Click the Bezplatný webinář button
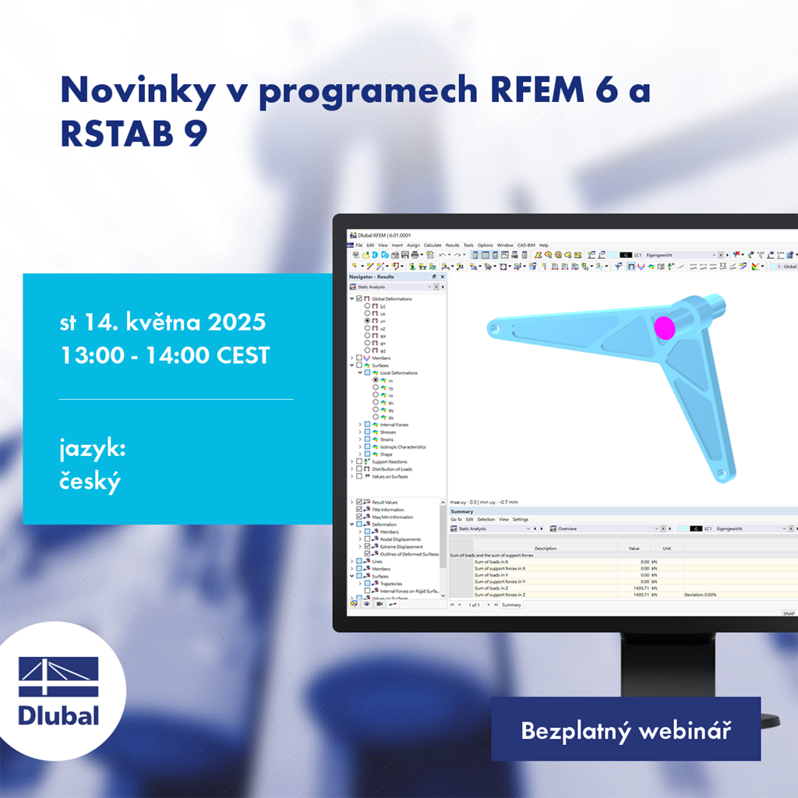click(625, 730)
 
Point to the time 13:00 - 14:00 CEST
click(165, 355)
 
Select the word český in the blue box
click(90, 481)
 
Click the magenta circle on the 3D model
click(665, 327)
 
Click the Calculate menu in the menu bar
click(433, 245)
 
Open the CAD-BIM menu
click(526, 245)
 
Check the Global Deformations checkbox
click(358, 298)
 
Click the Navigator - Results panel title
click(372, 277)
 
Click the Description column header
click(546, 548)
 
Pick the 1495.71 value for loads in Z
click(638, 588)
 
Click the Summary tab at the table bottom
click(511, 605)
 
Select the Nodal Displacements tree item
click(400, 539)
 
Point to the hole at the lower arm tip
click(722, 472)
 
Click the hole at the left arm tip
click(493, 328)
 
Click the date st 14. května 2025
click(163, 322)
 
